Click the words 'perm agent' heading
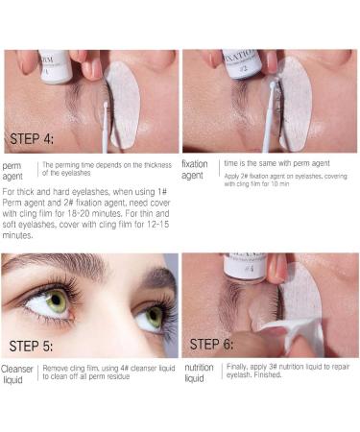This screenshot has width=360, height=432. click(17, 172)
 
